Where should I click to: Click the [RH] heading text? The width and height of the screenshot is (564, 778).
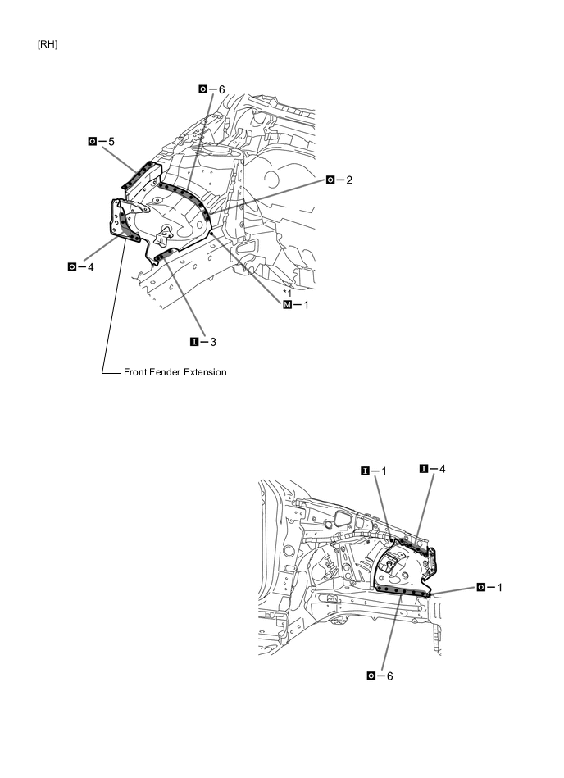(x=48, y=43)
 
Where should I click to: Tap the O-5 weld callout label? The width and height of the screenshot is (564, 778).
(x=102, y=141)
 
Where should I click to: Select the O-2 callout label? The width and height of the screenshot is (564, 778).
(x=339, y=180)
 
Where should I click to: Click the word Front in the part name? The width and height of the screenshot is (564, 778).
(x=139, y=372)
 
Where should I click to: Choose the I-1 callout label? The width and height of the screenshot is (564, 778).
(x=373, y=471)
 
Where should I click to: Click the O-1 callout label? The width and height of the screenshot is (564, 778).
(x=489, y=587)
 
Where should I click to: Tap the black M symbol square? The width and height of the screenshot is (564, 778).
(x=287, y=305)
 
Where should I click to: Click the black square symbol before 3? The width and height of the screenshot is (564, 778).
(x=194, y=339)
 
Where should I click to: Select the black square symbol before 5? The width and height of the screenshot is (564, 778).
(x=93, y=141)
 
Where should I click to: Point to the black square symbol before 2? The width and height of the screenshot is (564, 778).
(x=330, y=180)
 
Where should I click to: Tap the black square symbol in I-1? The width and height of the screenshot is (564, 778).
(x=364, y=471)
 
